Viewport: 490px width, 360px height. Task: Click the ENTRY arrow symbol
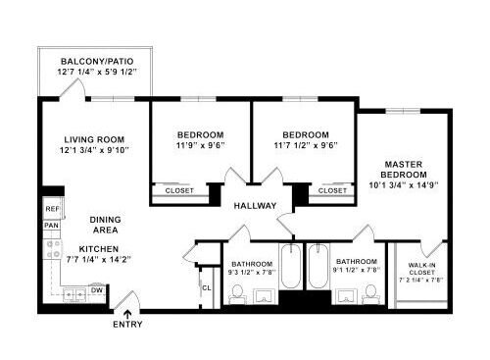click(x=127, y=314)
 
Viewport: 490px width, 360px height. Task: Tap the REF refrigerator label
click(x=52, y=209)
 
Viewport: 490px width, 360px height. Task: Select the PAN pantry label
click(x=52, y=226)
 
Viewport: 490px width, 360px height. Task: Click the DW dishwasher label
click(x=97, y=290)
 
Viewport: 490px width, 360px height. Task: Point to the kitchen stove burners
click(x=53, y=249)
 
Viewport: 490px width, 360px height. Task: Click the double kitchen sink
click(x=75, y=295)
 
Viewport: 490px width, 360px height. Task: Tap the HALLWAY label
click(x=255, y=206)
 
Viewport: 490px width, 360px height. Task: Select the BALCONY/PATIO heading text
click(x=97, y=61)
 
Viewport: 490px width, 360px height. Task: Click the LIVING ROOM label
click(x=94, y=139)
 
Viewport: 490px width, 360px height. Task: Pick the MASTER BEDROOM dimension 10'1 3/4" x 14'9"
click(x=404, y=185)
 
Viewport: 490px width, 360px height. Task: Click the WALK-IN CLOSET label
click(x=421, y=269)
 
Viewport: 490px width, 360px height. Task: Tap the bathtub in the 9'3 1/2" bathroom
click(x=290, y=266)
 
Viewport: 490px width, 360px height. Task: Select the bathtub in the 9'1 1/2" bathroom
click(x=318, y=266)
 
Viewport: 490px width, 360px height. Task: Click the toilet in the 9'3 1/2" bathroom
click(x=237, y=294)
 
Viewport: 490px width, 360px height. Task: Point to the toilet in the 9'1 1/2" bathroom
click(x=371, y=294)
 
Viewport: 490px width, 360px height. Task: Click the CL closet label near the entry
click(x=207, y=288)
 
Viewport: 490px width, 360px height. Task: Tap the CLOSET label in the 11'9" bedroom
click(x=179, y=190)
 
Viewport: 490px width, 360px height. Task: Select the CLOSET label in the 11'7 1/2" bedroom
click(x=332, y=190)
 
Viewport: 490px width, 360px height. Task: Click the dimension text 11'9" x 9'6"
click(x=200, y=145)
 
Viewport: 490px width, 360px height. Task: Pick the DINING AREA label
click(x=105, y=225)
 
